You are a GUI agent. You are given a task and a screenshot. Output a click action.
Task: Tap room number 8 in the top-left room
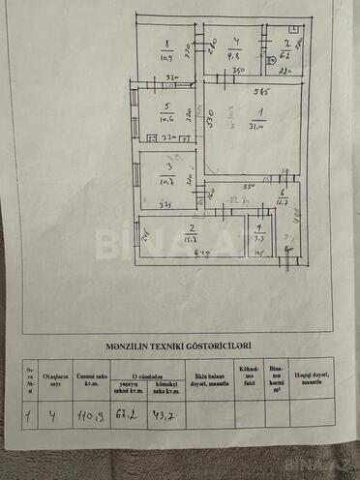click(166, 43)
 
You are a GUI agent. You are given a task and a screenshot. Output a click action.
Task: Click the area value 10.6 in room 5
click(166, 120)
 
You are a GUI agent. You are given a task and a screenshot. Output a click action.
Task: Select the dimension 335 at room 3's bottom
click(165, 205)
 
